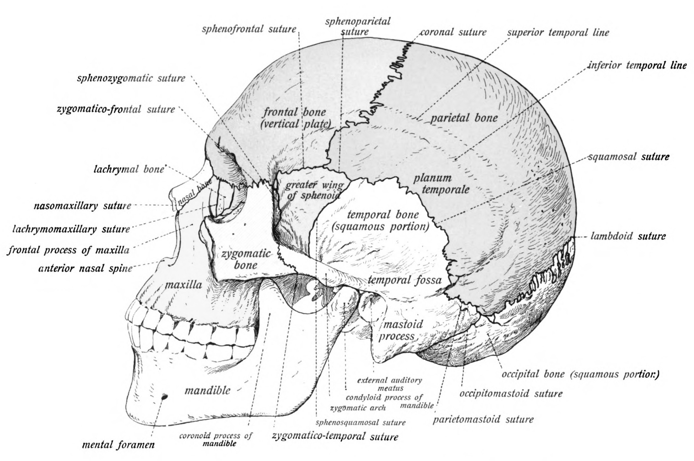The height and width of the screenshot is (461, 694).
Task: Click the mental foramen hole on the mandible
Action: [x=165, y=397]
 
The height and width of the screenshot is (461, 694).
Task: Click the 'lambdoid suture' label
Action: [x=628, y=236]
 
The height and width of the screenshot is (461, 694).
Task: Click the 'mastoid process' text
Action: [x=400, y=330]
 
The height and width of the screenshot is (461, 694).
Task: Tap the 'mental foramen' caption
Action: [x=118, y=445]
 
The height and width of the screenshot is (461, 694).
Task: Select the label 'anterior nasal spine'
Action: [x=85, y=268]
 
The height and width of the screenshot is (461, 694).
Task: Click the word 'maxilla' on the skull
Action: [x=184, y=285]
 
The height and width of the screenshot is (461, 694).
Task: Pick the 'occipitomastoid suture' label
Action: [x=511, y=393]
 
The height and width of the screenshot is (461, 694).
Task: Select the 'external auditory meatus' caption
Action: [x=390, y=384]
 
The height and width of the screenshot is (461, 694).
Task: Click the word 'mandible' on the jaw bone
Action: [x=207, y=391]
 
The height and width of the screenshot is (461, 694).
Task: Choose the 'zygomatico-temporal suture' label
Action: [x=335, y=436]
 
